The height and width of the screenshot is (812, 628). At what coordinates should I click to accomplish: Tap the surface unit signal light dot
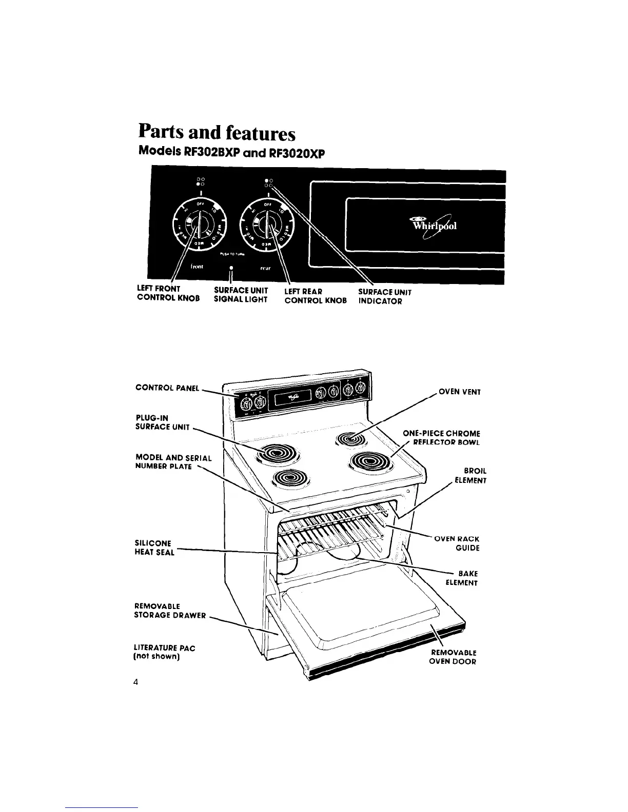click(232, 268)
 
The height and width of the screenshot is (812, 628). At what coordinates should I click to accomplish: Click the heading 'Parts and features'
click(217, 133)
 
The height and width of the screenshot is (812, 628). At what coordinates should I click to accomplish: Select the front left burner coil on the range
click(291, 478)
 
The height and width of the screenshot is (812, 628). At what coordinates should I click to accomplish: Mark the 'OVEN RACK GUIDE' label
click(457, 543)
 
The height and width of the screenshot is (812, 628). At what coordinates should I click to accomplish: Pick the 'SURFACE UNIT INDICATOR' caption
click(384, 296)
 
